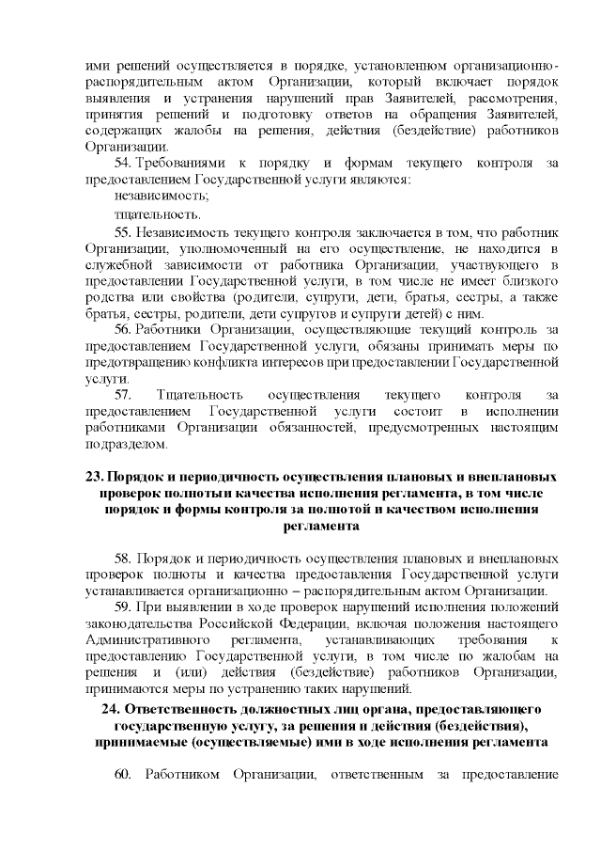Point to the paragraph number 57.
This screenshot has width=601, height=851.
pyautogui.click(x=124, y=395)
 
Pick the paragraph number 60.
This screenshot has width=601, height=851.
pyautogui.click(x=122, y=774)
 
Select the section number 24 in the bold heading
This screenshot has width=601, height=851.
pyautogui.click(x=109, y=708)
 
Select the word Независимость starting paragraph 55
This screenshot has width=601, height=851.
pyautogui.click(x=180, y=231)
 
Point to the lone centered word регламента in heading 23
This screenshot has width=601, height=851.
pyautogui.click(x=320, y=527)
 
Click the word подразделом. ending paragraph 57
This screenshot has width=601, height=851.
pyautogui.click(x=125, y=446)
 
